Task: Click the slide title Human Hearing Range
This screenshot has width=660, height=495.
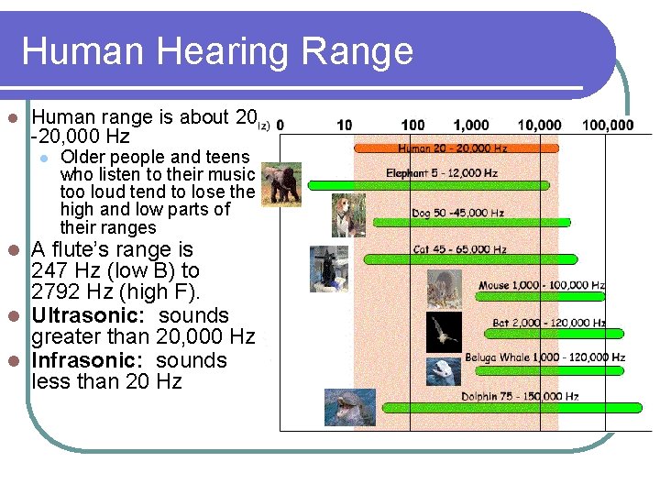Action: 217,50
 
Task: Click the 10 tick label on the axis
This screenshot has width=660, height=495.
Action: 344,126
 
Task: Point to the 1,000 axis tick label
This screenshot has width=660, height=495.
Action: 470,126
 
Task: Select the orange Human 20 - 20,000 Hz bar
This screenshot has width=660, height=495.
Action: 455,148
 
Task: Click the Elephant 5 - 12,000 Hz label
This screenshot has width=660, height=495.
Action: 441,172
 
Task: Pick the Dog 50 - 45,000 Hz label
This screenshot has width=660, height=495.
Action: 457,214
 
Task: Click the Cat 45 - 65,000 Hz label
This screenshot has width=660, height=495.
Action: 459,249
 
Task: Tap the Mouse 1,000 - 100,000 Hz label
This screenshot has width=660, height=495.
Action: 541,286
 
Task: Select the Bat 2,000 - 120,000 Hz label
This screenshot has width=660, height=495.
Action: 548,323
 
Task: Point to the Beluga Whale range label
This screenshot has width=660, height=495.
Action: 544,357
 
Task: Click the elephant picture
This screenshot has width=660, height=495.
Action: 280,183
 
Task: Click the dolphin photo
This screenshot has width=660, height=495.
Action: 349,407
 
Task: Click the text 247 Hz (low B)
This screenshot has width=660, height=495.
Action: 95,270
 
